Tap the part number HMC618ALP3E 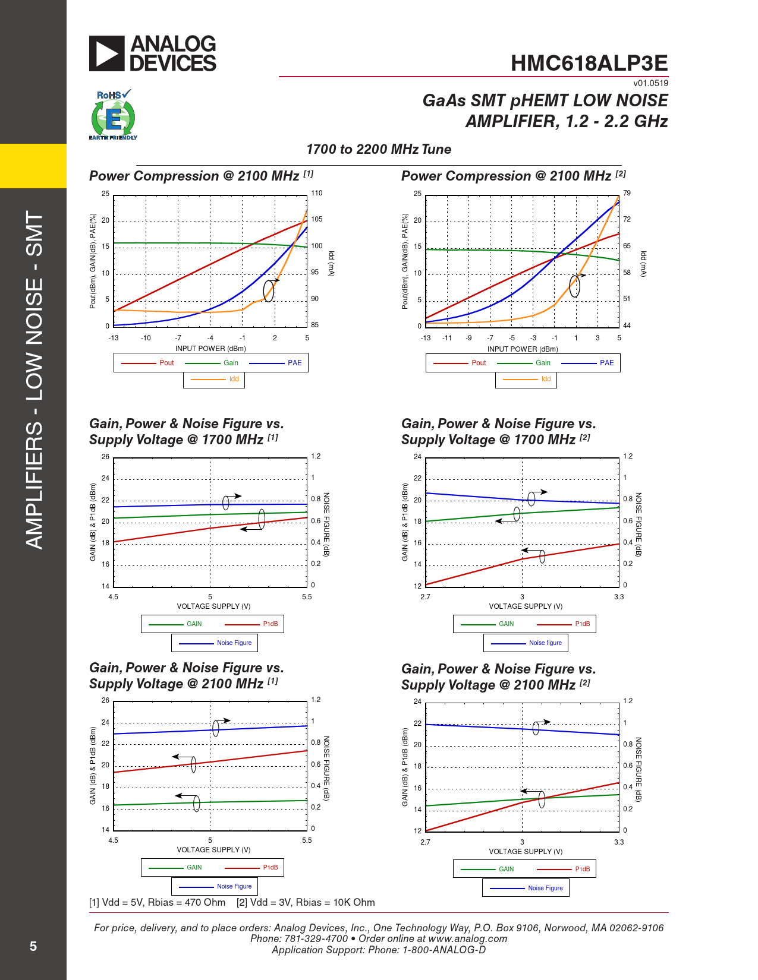point(589,63)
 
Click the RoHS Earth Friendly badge point(113,115)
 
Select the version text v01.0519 point(650,83)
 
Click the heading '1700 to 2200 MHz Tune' point(379,149)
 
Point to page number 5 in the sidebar point(33,946)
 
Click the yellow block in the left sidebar point(33,166)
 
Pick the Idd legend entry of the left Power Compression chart point(234,379)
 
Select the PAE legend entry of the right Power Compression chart point(606,363)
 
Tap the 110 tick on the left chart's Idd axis point(317,193)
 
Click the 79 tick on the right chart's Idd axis point(627,193)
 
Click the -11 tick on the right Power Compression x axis point(447,338)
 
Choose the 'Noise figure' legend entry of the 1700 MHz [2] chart point(545,643)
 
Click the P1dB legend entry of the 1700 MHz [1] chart point(270,624)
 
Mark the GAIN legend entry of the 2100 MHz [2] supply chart point(506,869)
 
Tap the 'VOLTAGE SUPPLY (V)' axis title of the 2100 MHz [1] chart point(213,850)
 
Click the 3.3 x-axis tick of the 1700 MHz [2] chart point(619,597)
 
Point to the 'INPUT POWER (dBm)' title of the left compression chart point(210,349)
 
